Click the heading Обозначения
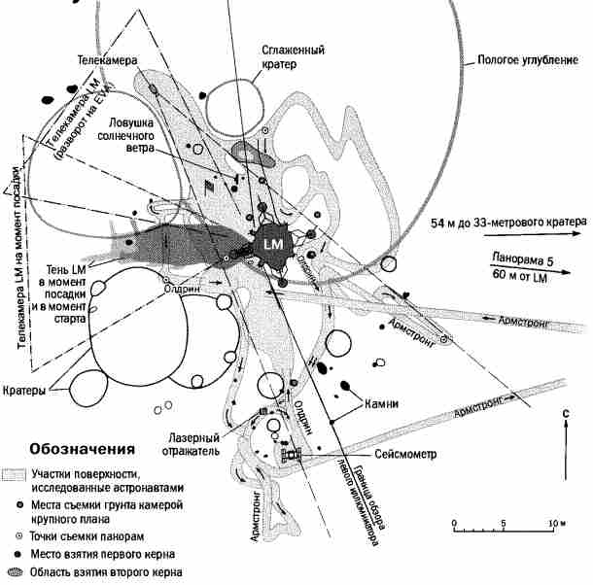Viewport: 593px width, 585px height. (79, 451)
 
